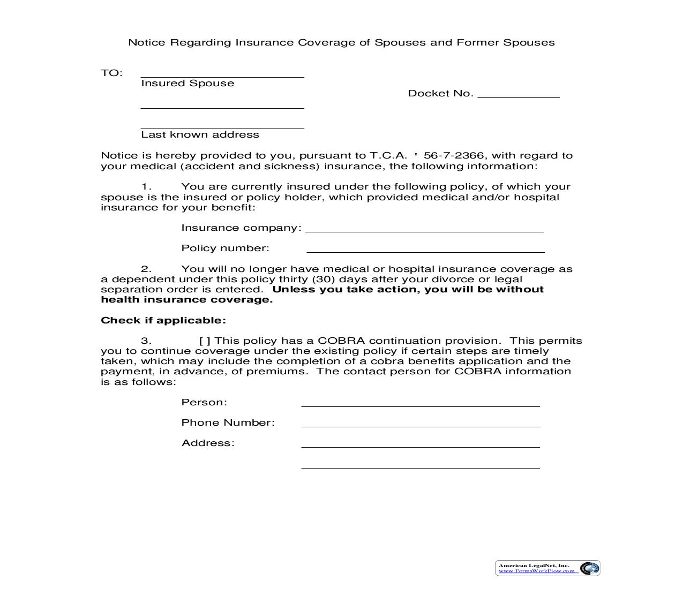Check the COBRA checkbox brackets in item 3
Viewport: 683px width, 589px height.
click(x=205, y=341)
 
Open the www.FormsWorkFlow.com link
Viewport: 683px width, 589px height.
click(x=536, y=571)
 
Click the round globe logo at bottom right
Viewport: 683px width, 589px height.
click(x=589, y=568)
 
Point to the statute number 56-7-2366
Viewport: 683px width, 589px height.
click(x=453, y=156)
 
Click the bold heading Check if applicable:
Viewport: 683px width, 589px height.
click(x=163, y=321)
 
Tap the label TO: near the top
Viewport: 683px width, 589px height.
click(x=111, y=73)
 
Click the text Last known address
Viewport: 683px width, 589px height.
click(x=200, y=135)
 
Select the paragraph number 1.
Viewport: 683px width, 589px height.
click(x=146, y=187)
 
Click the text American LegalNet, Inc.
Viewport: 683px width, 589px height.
click(x=534, y=565)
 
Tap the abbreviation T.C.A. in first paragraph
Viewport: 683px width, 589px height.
click(x=388, y=156)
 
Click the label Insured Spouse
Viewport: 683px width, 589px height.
click(x=187, y=84)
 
